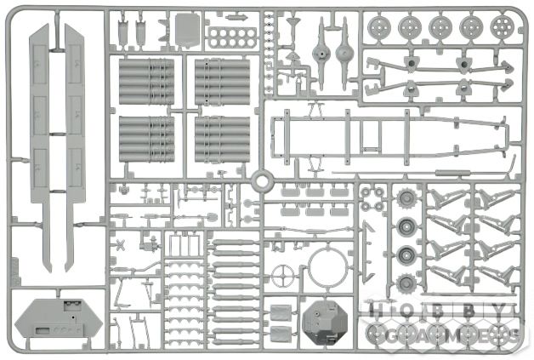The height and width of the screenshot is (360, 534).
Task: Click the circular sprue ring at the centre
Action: [262, 173]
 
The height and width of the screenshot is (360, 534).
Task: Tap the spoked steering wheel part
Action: [282, 276]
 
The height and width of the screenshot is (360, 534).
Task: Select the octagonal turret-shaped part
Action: [325, 323]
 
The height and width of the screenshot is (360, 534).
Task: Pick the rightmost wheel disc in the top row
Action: [503, 26]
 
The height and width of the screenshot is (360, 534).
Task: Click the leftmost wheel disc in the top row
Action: [379, 27]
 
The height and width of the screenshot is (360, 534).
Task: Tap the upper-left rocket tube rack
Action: [147, 82]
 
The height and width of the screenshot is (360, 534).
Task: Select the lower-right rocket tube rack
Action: [222, 140]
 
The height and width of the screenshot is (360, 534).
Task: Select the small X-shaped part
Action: [120, 245]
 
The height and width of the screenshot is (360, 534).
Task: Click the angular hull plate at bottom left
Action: [59, 318]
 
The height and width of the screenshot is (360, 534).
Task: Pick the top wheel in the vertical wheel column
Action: [407, 198]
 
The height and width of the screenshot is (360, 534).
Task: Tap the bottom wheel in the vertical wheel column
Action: [406, 283]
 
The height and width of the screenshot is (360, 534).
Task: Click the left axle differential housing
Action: [321, 53]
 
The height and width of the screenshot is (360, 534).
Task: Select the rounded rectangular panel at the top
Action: [188, 29]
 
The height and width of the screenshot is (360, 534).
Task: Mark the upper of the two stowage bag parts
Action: [281, 311]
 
